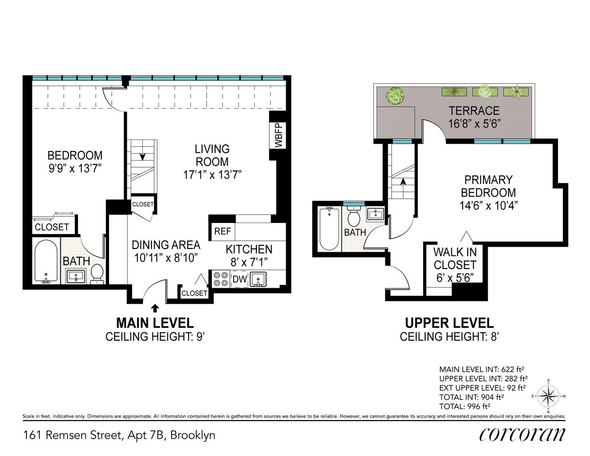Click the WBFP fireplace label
point(278,135)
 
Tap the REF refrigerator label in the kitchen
point(222,231)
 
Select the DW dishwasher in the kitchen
point(240,279)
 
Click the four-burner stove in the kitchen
point(221,279)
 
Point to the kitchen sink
point(258,279)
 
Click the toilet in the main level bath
point(97,274)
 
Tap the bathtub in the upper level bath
point(329,228)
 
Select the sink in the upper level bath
point(376,214)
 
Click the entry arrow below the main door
point(155,308)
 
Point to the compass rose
point(548,396)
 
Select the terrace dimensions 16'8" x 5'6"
point(474,124)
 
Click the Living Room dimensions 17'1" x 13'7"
point(212,175)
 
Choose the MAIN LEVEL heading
point(155,323)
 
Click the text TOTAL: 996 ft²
point(465,406)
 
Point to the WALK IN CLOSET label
point(454,258)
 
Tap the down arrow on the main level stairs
point(142,156)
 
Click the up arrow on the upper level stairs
point(403,181)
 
